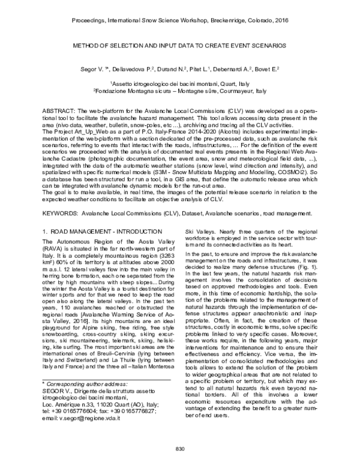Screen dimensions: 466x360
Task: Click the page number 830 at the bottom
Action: click(x=179, y=449)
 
